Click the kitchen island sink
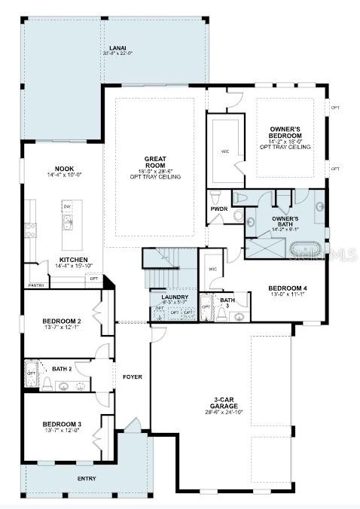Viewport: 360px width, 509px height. coord(68,222)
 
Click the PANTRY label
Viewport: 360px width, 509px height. coord(36,285)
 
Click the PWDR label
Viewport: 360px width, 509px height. coord(219,209)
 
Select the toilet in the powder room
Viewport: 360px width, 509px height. coord(238,215)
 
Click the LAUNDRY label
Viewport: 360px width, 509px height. coord(174,297)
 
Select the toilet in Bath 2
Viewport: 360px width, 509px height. coord(47,386)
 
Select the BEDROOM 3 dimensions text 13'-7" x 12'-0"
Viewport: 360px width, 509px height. coord(63,431)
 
